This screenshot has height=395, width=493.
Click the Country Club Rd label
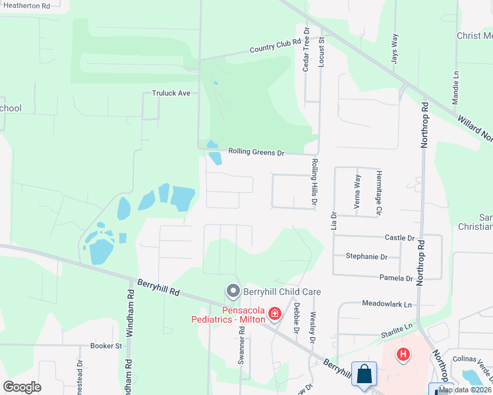pos(275,45)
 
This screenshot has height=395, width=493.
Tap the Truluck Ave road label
pos(171,93)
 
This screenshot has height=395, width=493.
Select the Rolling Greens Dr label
pos(256,152)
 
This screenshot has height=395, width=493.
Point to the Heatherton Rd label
pos(27,5)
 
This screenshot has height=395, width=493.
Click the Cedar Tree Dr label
pos(306,51)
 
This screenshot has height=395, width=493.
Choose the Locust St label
pos(322,49)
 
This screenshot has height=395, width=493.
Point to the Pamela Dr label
pos(396,278)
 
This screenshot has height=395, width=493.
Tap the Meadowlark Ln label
pos(386,304)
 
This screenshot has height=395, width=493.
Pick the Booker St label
pos(106,345)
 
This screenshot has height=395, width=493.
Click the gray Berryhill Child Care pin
pos(232,291)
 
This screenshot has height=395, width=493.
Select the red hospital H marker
pos(403,355)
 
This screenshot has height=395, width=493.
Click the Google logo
pos(22,387)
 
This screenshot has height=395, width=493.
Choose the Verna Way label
pos(358,192)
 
